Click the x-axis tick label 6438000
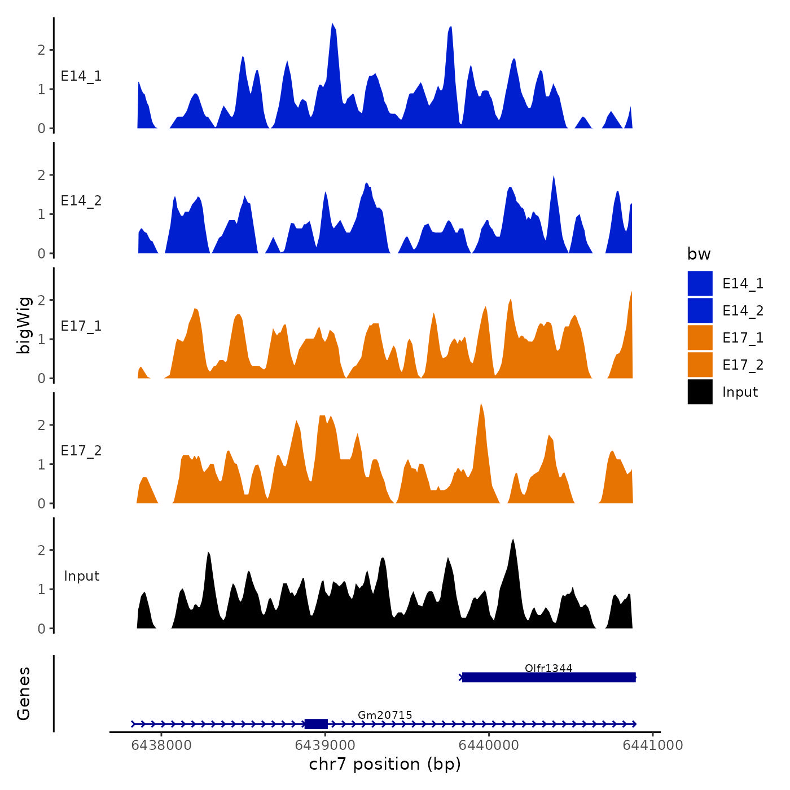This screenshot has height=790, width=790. tap(161, 745)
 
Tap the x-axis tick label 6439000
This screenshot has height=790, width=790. tap(326, 745)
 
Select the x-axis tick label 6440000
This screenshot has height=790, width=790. tap(489, 745)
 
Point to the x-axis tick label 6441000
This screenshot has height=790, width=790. tap(653, 745)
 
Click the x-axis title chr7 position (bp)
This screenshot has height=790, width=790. tap(385, 765)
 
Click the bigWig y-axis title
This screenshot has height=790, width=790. tap(24, 325)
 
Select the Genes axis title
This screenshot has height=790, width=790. tap(24, 694)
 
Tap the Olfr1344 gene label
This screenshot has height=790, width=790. tap(548, 668)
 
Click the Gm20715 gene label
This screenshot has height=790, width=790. tap(385, 715)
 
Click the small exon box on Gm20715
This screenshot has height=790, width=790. tap(316, 724)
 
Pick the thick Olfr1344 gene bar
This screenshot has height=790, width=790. tap(548, 677)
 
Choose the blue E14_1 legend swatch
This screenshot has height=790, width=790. tap(700, 283)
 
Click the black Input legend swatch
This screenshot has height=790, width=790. tap(700, 392)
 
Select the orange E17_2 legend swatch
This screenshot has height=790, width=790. tap(700, 365)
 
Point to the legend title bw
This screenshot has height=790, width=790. tap(699, 254)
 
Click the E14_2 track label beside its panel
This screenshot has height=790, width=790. tap(81, 201)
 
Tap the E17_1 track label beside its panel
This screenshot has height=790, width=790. tap(81, 326)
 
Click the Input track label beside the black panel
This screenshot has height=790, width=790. tap(81, 576)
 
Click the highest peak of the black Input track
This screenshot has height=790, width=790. tap(513, 541)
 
